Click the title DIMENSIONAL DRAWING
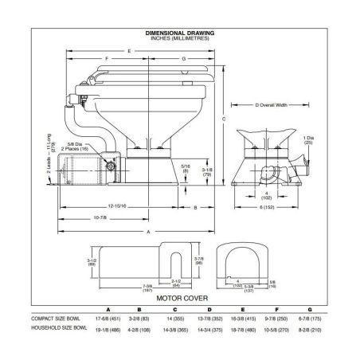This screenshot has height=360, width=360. (x=179, y=33)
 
